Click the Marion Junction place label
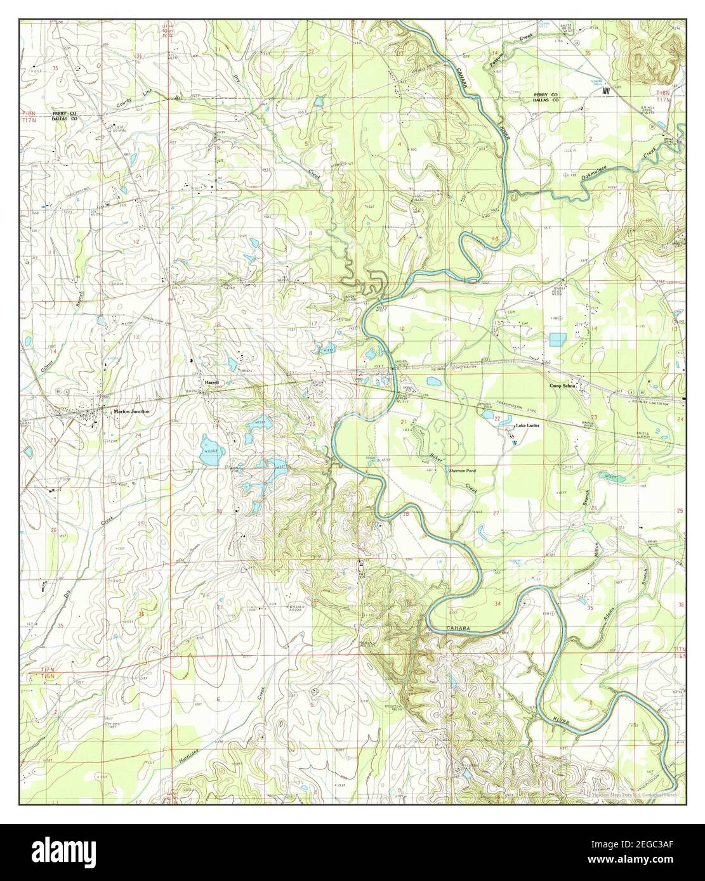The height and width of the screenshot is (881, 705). point(132,412)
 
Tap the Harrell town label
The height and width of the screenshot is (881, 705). point(211,383)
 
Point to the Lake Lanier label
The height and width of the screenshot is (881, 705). point(527,426)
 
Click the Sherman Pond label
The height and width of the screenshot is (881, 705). point(462,472)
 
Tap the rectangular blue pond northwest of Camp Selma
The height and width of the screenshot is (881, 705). point(557,340)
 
